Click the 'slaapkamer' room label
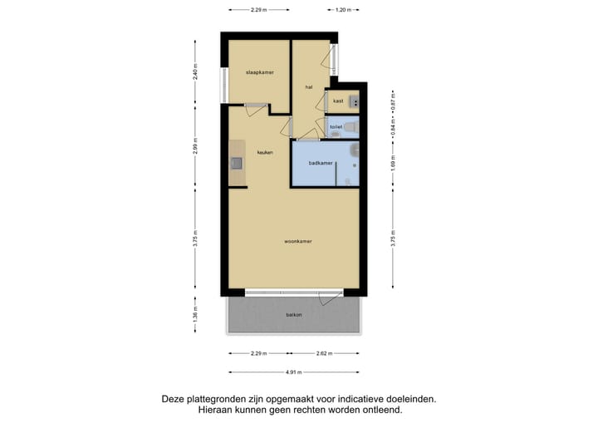pos(259,73)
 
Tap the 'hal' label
pos(308,86)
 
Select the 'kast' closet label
pos(338,101)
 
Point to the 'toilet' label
pos(336,127)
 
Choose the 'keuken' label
pos(265,152)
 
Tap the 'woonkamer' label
pos(297,241)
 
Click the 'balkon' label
pos(294,315)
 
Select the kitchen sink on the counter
pos(236,163)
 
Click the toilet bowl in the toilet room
pos(351,127)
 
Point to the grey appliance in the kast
pos(355,101)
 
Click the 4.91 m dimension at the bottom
pos(294,372)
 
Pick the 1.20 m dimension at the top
pos(341,10)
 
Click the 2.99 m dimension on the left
pos(195,150)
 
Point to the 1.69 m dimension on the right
pos(392,164)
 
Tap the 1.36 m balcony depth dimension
pos(195,315)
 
